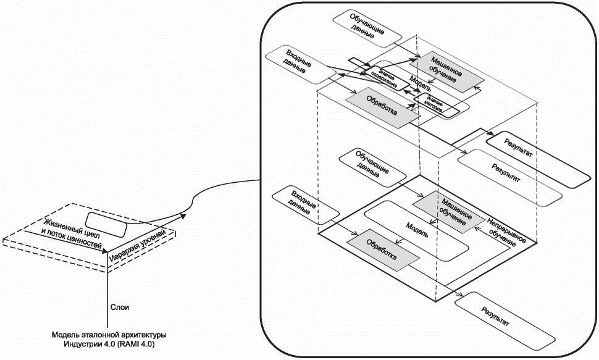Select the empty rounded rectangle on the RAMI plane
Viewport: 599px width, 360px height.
[107, 224]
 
